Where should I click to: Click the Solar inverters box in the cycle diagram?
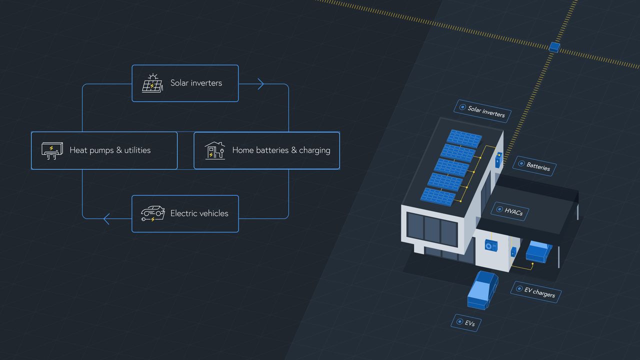[185, 83]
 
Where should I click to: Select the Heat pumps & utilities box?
[104, 150]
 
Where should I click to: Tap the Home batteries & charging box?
[266, 150]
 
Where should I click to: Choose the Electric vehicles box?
[185, 213]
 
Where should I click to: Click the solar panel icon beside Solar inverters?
[152, 83]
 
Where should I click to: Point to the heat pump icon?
[52, 150]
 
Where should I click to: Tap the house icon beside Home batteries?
[214, 150]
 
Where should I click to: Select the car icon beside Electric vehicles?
[152, 213]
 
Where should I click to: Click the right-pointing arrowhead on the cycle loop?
[260, 84]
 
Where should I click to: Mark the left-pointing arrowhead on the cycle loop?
[106, 218]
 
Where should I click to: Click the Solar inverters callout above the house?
[483, 111]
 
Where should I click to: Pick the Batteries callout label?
[534, 166]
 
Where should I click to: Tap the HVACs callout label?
[510, 211]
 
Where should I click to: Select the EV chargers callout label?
[535, 291]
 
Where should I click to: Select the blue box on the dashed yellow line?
[554, 47]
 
